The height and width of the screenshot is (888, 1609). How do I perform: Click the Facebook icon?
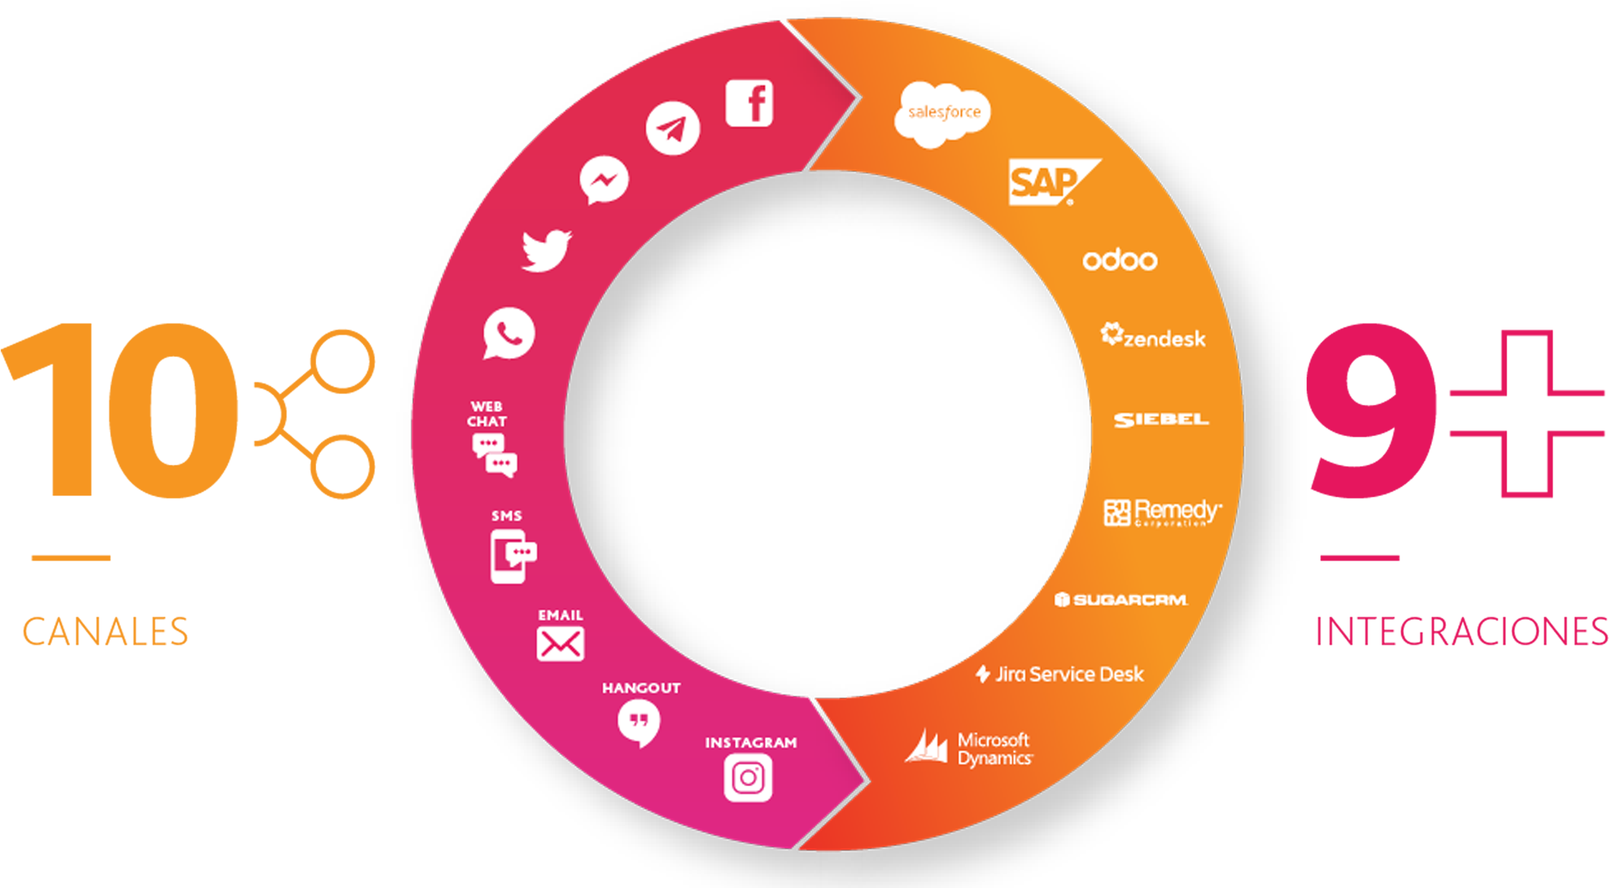[749, 103]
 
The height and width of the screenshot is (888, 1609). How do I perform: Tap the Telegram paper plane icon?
[673, 129]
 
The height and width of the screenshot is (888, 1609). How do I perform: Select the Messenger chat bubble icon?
[603, 180]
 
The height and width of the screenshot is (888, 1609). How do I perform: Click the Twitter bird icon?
[547, 251]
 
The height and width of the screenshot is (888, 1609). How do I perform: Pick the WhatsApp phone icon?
[509, 334]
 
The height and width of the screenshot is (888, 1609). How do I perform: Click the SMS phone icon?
[512, 556]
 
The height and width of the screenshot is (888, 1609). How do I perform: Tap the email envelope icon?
[560, 644]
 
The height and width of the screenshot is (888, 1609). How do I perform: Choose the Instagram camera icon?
[747, 778]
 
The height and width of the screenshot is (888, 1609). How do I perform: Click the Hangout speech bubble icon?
[638, 722]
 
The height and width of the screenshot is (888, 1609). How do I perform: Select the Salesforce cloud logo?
[942, 114]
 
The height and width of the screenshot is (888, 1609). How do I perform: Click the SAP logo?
[1050, 182]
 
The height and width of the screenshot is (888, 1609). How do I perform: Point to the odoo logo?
[1120, 260]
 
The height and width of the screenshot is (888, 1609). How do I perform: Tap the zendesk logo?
[1153, 337]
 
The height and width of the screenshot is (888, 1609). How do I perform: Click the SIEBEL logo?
[1161, 420]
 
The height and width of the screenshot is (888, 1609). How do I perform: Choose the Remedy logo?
[1163, 512]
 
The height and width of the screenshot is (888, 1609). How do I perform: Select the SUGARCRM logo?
[1121, 600]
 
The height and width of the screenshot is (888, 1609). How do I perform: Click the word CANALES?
[106, 631]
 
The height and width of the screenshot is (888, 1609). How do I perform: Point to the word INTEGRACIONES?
[1461, 631]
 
